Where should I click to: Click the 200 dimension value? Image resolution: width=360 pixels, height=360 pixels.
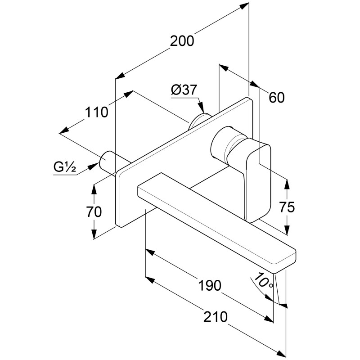pos(182,40)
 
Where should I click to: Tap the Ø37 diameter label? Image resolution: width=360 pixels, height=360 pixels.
pos(184,90)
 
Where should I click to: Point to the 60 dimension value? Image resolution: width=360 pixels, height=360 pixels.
pos(277,97)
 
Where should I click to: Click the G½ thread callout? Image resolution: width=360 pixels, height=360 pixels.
pos(63,168)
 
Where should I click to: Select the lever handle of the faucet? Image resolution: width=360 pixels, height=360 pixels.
pos(258,180)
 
